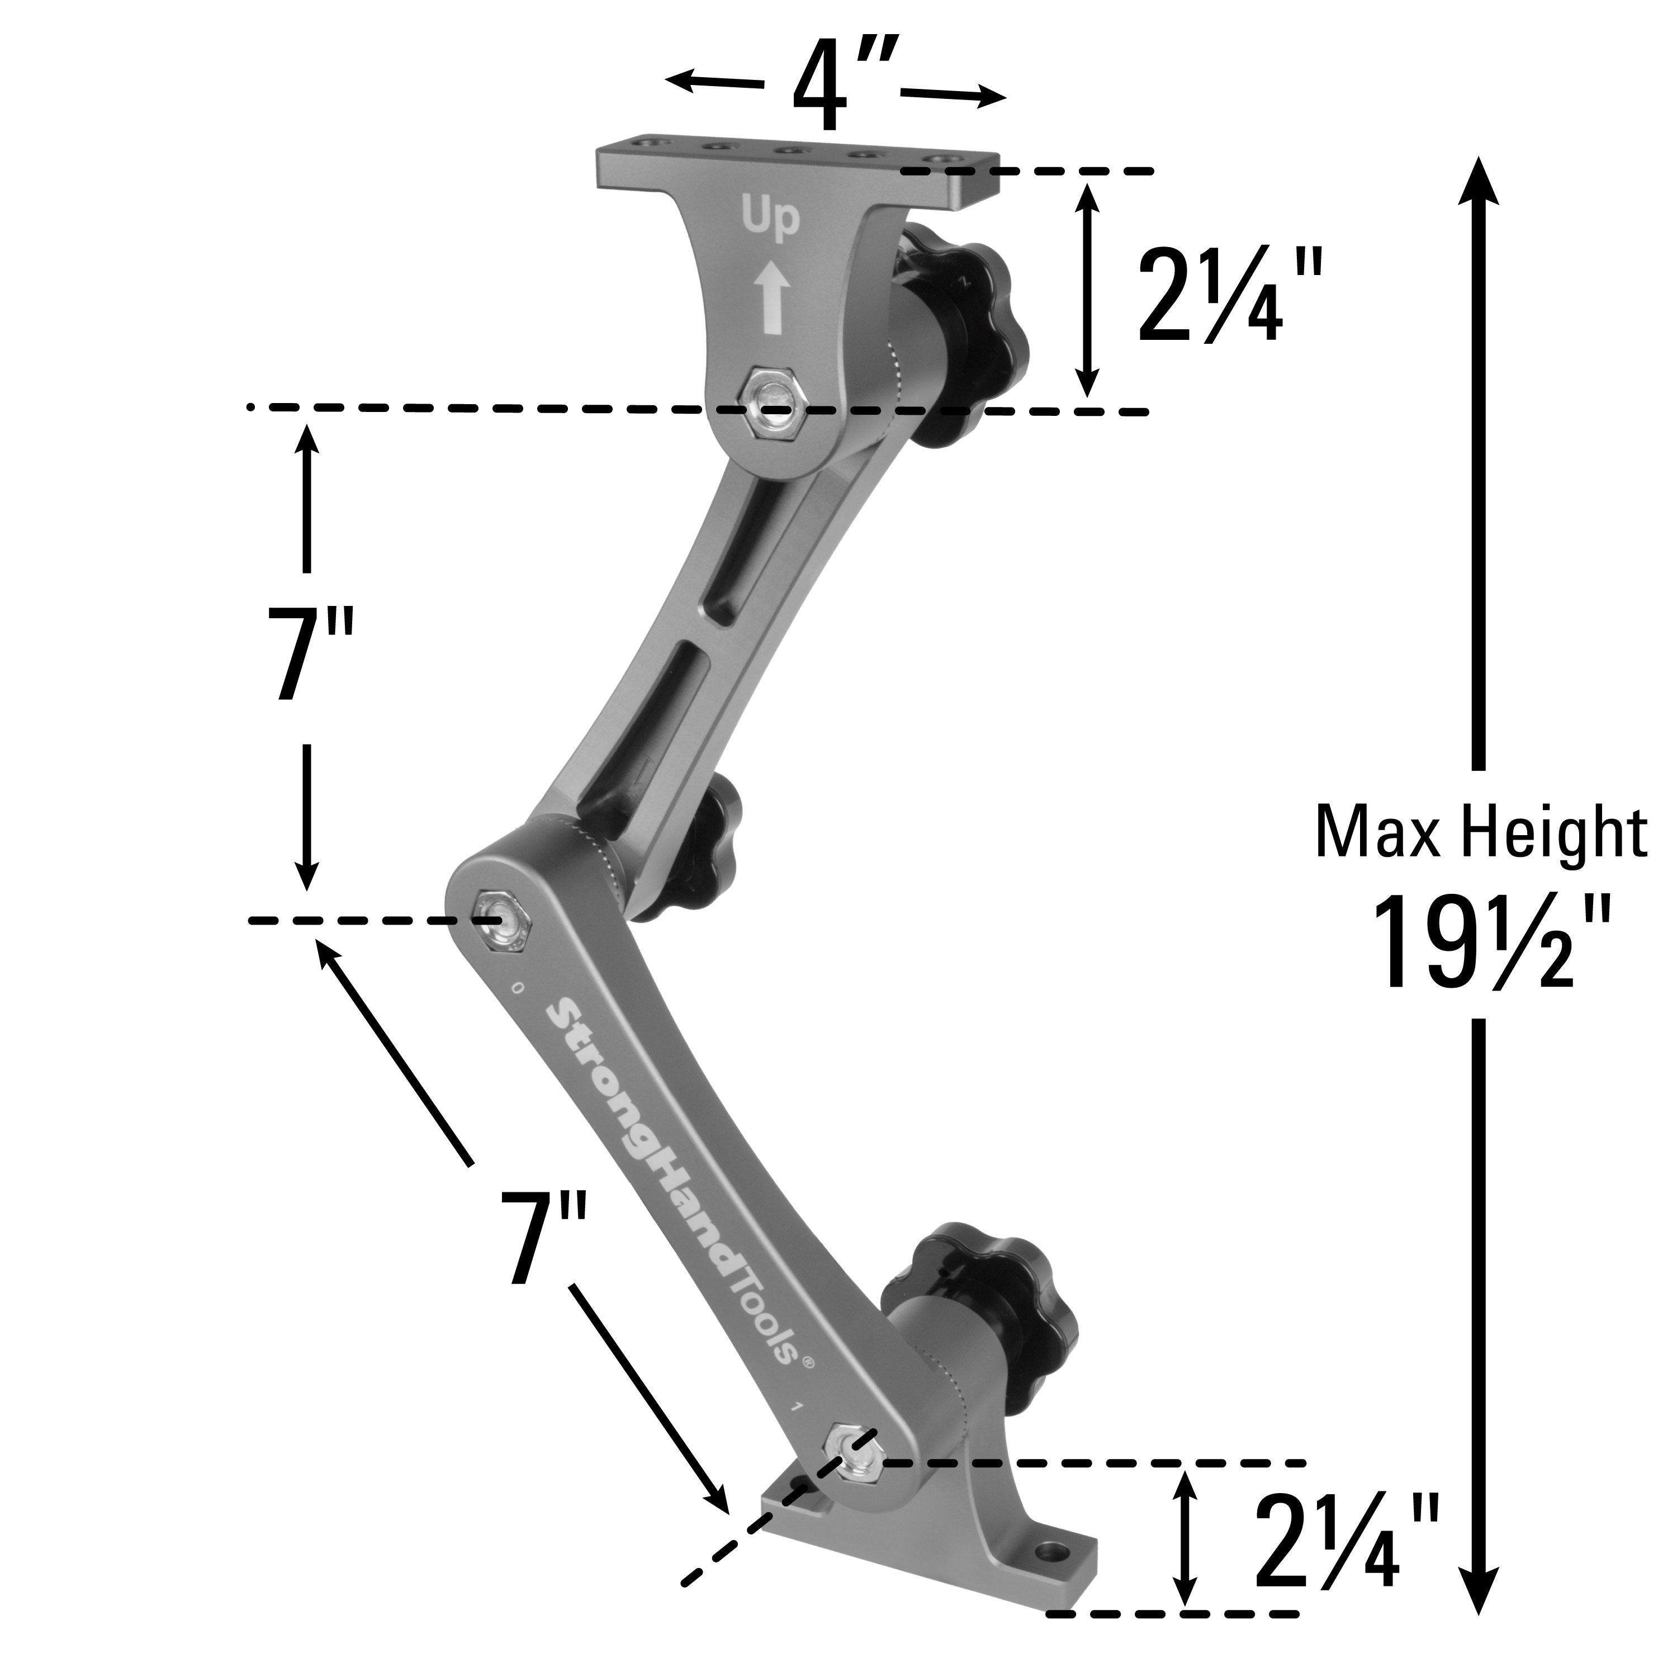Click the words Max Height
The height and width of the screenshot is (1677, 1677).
(x=1481, y=832)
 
